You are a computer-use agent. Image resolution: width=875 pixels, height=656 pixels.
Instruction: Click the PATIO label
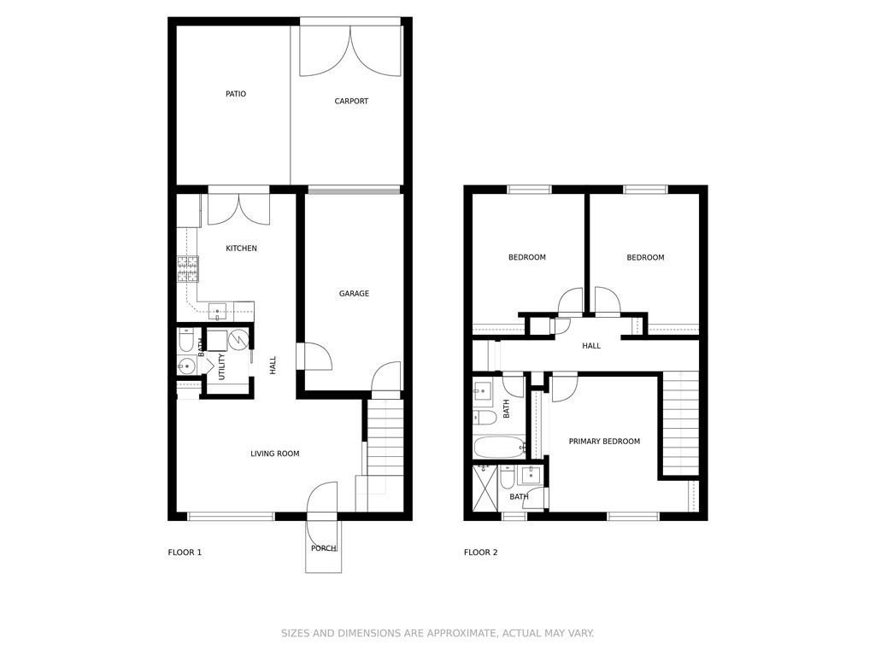(x=236, y=94)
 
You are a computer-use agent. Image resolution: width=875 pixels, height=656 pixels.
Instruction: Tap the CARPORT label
(x=351, y=101)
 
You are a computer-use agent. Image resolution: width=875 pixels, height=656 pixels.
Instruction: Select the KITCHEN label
(x=241, y=249)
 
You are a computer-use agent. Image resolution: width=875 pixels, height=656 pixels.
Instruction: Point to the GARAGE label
(x=354, y=294)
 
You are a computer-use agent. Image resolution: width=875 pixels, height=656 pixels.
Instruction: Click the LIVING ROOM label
(x=274, y=454)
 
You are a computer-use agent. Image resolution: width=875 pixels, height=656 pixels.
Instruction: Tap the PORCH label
(x=324, y=548)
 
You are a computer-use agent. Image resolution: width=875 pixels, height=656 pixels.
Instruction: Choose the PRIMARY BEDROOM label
(x=604, y=442)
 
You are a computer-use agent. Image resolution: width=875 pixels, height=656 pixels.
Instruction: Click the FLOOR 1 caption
(x=185, y=553)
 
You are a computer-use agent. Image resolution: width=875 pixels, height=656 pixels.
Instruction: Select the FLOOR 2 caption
(x=480, y=553)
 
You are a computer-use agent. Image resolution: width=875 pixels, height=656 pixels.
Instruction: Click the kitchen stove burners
(x=188, y=269)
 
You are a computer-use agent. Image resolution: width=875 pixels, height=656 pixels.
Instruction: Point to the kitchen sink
(x=217, y=311)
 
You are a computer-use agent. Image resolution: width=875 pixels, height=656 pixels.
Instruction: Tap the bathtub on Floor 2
(x=499, y=447)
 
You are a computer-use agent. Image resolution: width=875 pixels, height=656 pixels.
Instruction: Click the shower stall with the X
(x=485, y=488)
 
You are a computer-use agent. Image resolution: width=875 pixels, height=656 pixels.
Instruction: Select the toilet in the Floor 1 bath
(x=186, y=340)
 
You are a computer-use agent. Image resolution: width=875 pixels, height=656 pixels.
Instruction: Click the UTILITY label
(x=221, y=366)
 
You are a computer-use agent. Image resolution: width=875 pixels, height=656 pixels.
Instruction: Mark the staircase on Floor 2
(x=681, y=423)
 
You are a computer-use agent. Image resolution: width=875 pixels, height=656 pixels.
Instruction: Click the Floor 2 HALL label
(x=591, y=346)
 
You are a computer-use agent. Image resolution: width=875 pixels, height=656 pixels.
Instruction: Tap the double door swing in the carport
(x=350, y=50)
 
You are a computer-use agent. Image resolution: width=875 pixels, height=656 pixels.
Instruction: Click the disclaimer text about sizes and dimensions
(x=437, y=633)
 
